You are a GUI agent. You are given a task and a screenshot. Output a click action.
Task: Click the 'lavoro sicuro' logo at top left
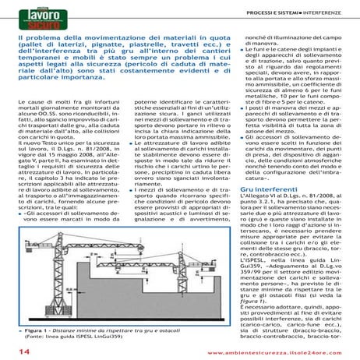click(34, 19)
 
